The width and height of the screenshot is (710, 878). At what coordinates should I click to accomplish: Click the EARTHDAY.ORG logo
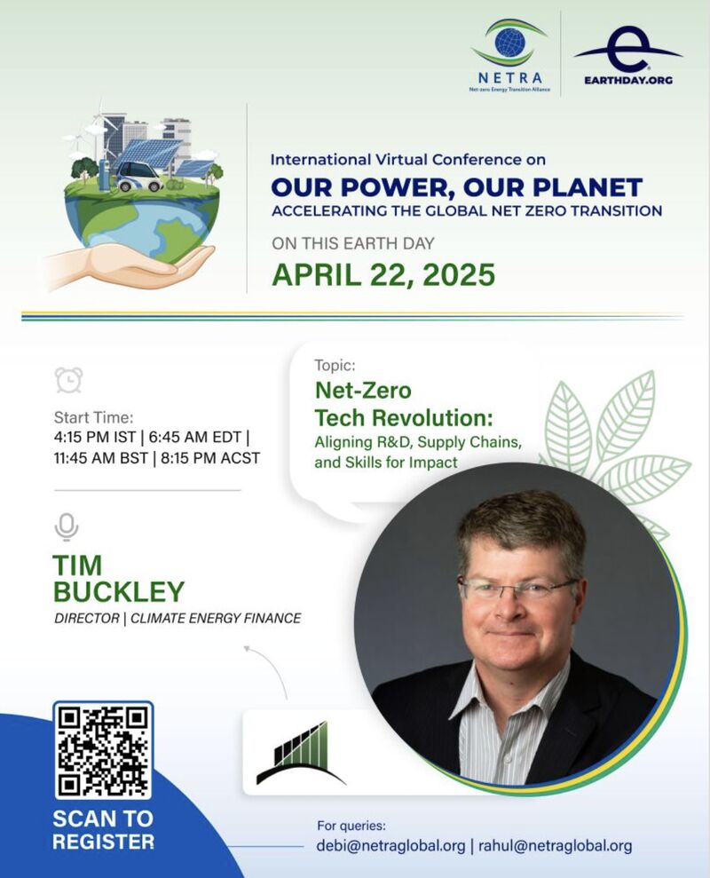[627, 55]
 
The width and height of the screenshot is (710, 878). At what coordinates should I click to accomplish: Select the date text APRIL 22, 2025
[383, 275]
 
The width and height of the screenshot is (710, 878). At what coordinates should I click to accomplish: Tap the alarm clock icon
[69, 380]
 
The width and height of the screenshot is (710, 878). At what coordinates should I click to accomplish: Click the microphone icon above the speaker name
[67, 527]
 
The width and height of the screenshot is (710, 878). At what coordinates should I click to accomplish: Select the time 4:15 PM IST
[95, 437]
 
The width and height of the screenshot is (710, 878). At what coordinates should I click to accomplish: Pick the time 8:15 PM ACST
[210, 458]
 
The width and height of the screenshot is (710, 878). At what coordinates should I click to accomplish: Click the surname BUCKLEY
[119, 591]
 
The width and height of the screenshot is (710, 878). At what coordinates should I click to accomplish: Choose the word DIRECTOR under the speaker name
[87, 618]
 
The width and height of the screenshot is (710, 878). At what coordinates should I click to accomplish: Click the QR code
[103, 750]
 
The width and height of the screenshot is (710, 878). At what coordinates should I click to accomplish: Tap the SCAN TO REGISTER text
[103, 830]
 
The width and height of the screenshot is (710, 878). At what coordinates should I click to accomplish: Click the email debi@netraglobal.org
[390, 845]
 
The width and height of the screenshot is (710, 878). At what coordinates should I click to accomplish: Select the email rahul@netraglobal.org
[555, 845]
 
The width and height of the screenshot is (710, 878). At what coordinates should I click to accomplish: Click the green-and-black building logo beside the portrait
[301, 753]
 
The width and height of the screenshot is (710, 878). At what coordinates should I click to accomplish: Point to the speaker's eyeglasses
[518, 588]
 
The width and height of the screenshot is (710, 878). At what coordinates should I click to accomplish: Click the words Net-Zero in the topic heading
[363, 391]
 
